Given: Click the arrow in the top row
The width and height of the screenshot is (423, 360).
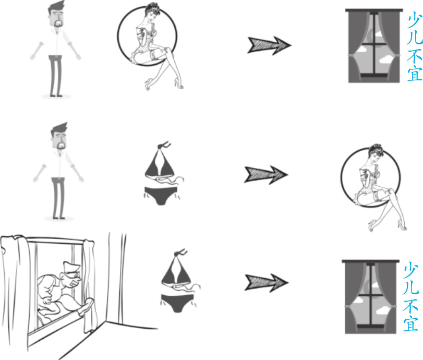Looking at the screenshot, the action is pos(269,45).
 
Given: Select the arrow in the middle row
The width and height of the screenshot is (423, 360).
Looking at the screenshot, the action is pos(266,175).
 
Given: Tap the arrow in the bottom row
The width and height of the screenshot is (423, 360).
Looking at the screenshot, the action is pos(267,283).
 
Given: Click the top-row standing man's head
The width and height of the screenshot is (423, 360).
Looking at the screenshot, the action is pos(57,14).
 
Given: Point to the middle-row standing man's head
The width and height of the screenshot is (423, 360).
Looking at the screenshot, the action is pos(59,136).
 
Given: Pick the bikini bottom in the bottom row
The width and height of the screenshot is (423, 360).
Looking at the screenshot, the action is pos(178,303).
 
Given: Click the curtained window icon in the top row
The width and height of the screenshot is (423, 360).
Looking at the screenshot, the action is pos(374,45).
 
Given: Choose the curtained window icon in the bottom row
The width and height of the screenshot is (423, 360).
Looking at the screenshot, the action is pos(371,297).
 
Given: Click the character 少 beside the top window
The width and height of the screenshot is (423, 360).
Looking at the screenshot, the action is pos(415,21).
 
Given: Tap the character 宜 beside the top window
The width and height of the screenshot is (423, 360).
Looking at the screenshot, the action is pos(415,73).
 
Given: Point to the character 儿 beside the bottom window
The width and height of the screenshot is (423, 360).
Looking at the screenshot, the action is pos(411,287).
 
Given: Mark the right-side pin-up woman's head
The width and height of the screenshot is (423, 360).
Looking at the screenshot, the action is pos(376,152).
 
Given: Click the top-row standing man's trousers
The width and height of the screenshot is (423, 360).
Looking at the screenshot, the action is pos(56,76).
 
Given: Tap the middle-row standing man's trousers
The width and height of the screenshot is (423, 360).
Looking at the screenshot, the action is pos(58,198).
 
